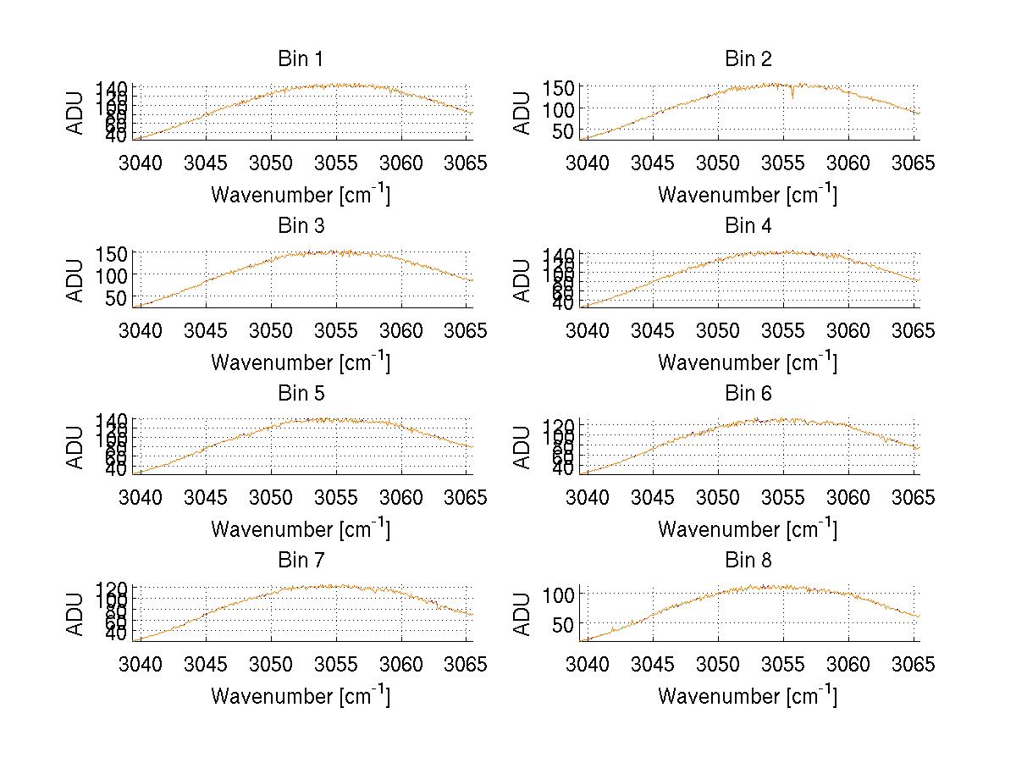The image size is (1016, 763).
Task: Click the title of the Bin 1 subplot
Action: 300,59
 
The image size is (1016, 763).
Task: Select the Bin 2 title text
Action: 748,59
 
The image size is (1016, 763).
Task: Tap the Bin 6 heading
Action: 748,394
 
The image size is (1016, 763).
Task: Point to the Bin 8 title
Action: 748,561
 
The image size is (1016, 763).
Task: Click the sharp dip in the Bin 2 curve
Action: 792,94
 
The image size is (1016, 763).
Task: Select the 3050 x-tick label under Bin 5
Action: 271,496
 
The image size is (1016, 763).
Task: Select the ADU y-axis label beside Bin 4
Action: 523,279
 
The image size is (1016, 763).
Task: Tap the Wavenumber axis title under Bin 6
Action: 748,528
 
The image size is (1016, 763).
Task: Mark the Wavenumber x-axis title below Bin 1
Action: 300,194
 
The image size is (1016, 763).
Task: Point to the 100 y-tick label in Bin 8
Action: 563,594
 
